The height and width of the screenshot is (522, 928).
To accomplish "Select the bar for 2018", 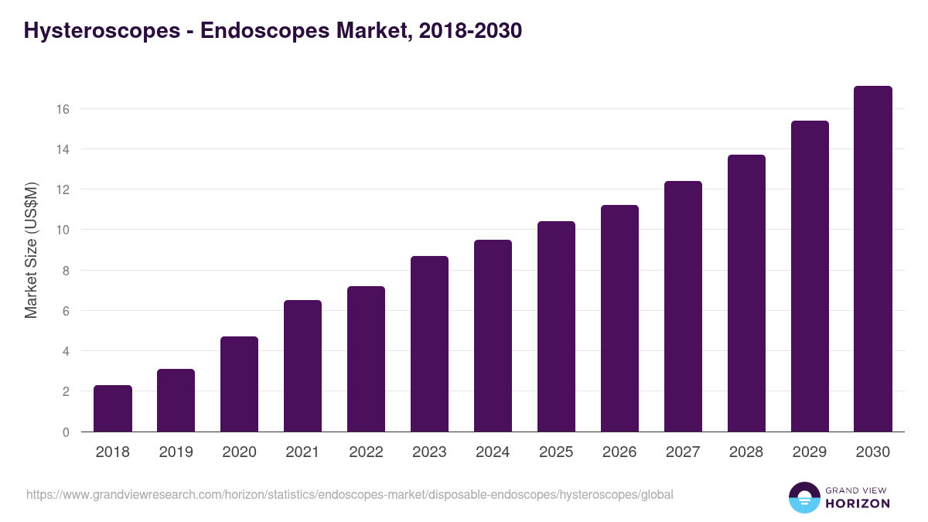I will tap(113, 408).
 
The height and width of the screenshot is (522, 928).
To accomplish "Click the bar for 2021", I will tap(302, 366).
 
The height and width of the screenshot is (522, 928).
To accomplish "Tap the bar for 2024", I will tap(493, 336).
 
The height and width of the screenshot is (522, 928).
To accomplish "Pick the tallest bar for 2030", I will tap(873, 259).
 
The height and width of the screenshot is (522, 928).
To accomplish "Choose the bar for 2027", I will tap(683, 306).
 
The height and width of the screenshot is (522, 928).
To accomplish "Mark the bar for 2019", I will tap(176, 401).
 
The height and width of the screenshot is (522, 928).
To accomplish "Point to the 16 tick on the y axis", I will tap(63, 109).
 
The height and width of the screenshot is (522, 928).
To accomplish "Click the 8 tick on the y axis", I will tap(66, 271).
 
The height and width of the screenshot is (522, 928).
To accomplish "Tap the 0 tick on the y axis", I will tap(66, 432).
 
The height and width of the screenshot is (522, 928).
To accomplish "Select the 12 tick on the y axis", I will tap(63, 189).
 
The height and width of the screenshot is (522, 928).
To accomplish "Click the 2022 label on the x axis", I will tap(366, 452).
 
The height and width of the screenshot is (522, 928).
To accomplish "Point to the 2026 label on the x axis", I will tap(619, 452).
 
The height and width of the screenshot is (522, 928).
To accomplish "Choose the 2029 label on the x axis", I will tap(810, 452).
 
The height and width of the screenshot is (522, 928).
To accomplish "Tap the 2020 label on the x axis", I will tap(239, 452).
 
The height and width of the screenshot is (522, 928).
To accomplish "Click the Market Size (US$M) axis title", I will tap(31, 251).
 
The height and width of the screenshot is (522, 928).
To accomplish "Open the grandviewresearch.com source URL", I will tap(350, 494).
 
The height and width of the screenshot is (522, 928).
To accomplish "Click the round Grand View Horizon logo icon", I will tap(803, 497).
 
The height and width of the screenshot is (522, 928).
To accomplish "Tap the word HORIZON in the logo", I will tap(858, 503).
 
